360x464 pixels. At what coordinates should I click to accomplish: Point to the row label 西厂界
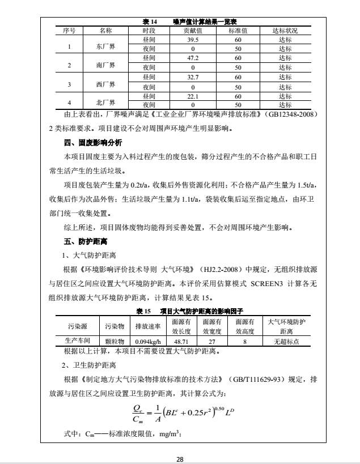(x=105, y=84)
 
